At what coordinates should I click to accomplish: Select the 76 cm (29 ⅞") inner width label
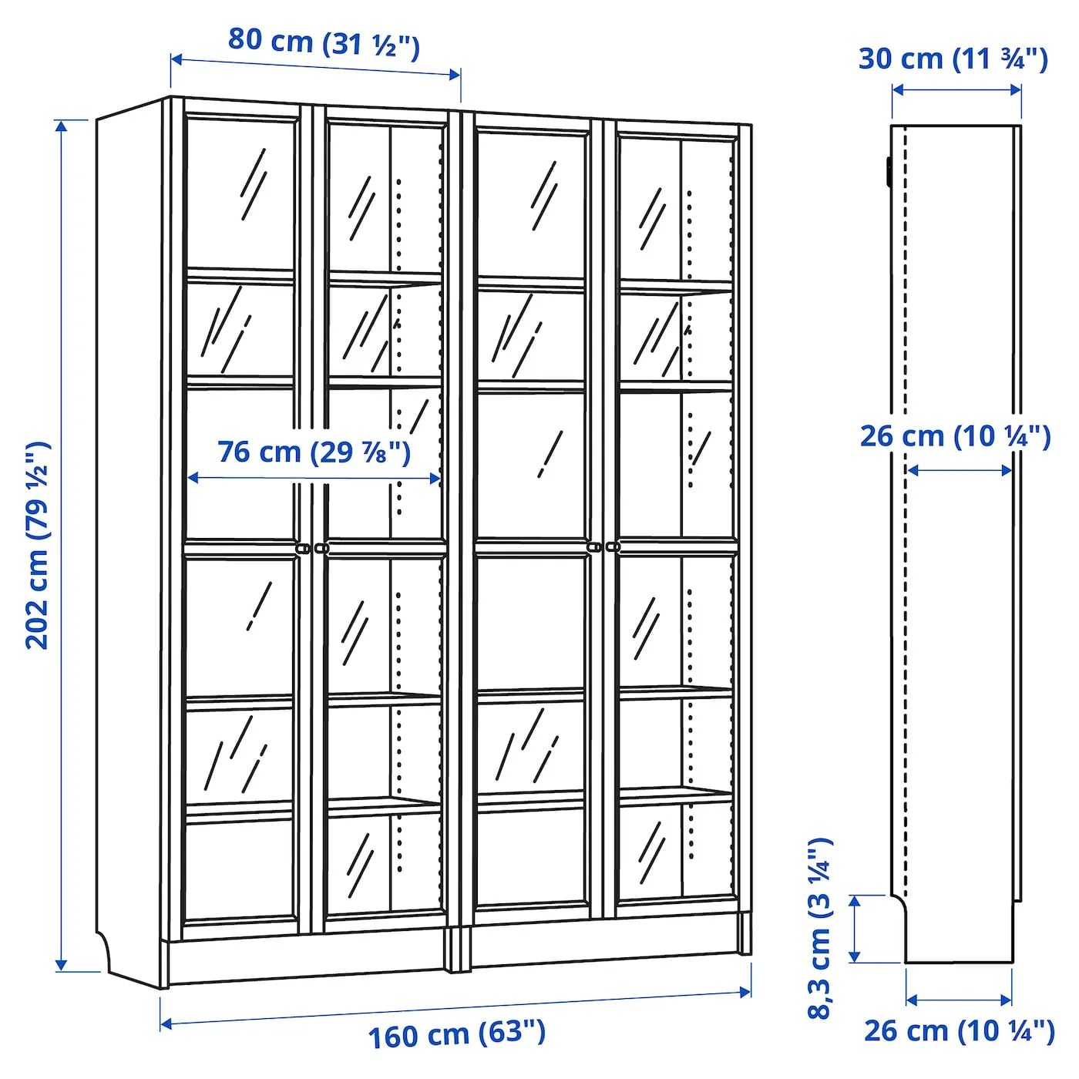[x=314, y=452]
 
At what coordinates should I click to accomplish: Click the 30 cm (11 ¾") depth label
[x=953, y=59]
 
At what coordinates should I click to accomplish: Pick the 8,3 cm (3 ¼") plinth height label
[x=820, y=929]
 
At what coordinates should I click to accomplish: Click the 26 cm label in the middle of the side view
[x=956, y=436]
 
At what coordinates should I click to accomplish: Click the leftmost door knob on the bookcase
[x=303, y=549]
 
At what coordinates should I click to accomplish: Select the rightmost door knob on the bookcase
[x=613, y=546]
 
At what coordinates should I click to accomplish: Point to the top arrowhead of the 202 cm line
[x=62, y=126]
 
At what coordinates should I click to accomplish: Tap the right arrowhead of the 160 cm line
[x=745, y=992]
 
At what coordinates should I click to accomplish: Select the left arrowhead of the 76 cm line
[x=193, y=478]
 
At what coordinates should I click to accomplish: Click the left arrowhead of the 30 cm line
[x=898, y=89]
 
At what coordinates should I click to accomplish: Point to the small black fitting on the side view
[x=889, y=170]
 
